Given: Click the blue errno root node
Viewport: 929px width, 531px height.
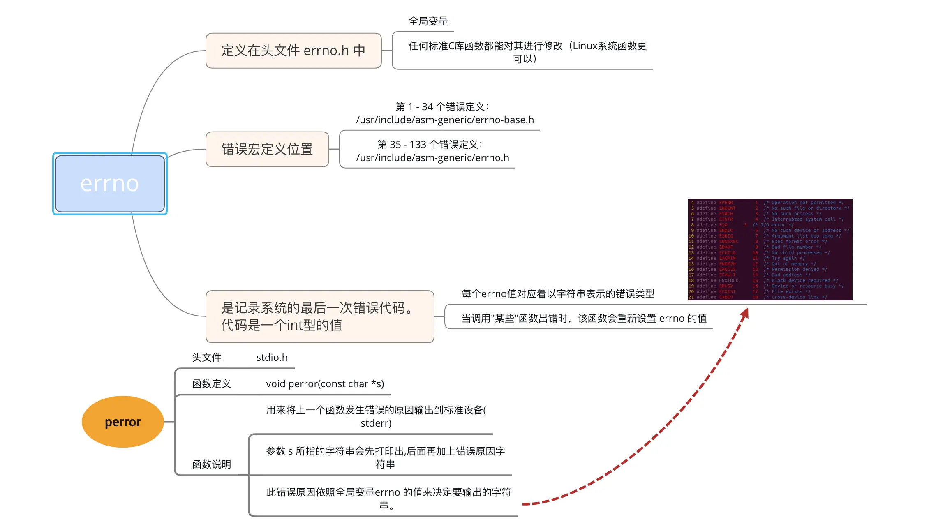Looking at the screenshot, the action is pos(110,184).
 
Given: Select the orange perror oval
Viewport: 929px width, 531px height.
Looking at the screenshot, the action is pos(122,422).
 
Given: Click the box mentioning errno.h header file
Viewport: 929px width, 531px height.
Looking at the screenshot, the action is pos(293,51).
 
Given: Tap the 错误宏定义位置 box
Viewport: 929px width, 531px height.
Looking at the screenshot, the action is pos(267,149).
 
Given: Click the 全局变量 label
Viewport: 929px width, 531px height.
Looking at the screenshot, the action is pos(428,21).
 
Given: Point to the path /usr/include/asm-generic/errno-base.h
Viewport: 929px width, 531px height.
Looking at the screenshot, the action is pos(445,120).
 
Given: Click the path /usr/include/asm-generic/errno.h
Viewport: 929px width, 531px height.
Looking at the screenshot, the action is pos(432,158).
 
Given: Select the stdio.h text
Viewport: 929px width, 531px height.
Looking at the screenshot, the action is pos(272,358).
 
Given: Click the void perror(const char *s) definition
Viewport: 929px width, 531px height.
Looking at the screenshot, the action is pos(325,384).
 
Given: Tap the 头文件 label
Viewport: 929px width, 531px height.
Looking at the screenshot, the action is pos(207,358).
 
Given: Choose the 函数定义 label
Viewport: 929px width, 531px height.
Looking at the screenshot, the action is pos(212,384).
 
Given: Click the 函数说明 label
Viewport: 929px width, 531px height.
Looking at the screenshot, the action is pos(212,464).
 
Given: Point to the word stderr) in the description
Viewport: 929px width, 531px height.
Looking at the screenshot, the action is pos(376,423).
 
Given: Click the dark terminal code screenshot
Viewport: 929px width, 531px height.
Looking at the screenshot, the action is pos(770,249).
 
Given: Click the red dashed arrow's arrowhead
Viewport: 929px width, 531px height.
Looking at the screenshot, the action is pos(745,313).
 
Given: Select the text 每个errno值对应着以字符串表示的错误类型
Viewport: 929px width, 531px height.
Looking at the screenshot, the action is pos(558,294).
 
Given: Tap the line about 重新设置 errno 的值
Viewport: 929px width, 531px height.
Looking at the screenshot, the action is pos(584,319).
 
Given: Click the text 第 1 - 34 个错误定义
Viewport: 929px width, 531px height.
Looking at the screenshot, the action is pos(442,107).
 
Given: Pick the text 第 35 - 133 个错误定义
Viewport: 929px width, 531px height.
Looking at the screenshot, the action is pos(430,145).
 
